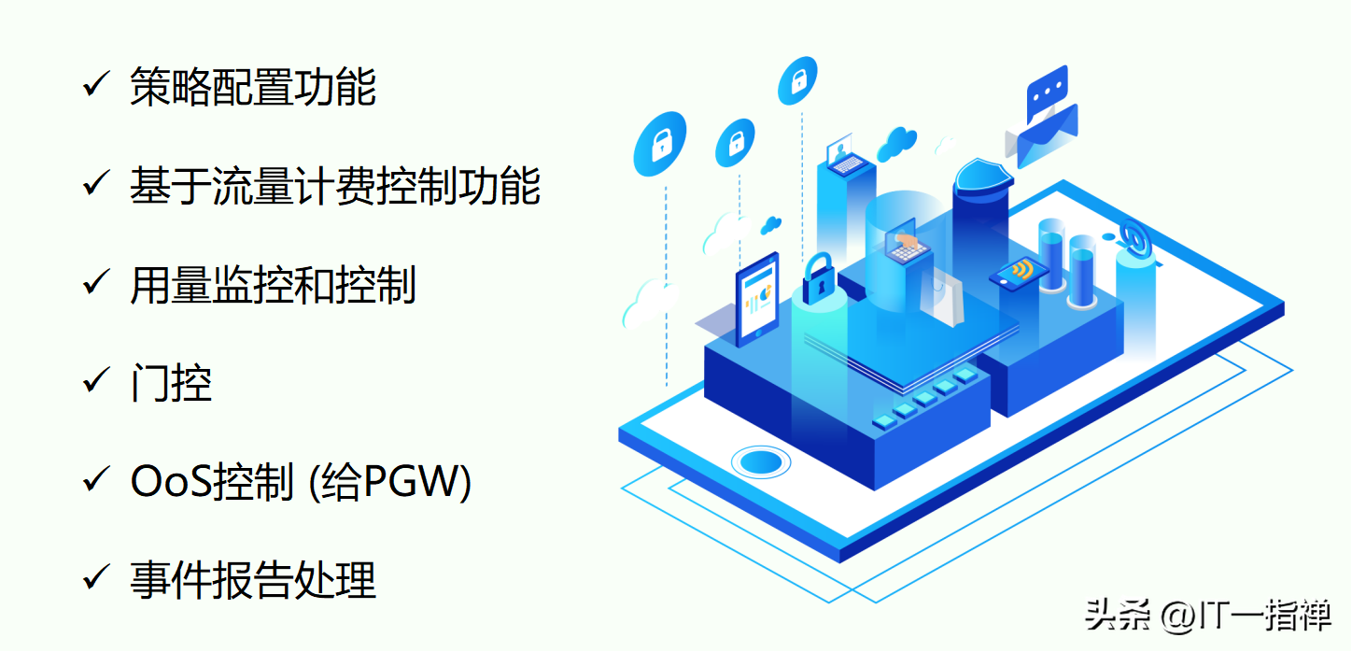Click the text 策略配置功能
click(x=253, y=87)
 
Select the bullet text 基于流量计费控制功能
click(x=335, y=186)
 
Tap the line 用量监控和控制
click(x=273, y=285)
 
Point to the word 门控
click(x=171, y=383)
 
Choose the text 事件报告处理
click(x=253, y=580)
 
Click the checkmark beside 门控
click(x=96, y=381)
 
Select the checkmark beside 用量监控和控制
click(x=96, y=283)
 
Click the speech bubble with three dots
click(x=1046, y=90)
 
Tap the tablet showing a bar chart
click(x=757, y=295)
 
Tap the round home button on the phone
click(x=760, y=461)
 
